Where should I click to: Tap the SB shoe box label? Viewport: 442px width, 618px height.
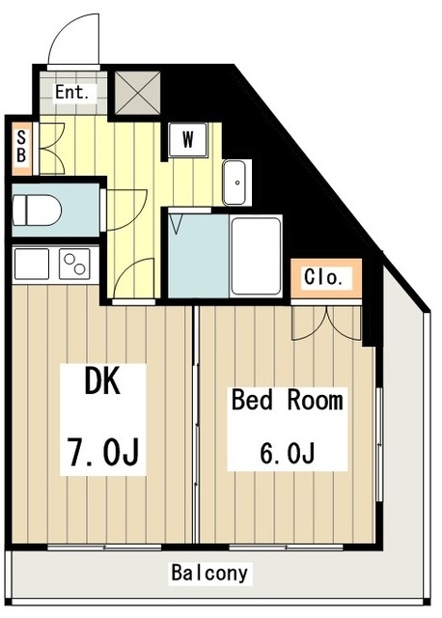point(21,147)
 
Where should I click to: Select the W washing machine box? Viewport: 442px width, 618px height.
point(187,140)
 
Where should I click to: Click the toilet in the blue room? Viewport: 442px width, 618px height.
point(37,211)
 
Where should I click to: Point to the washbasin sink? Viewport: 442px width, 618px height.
point(235,183)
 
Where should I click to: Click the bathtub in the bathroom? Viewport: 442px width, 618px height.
point(256,256)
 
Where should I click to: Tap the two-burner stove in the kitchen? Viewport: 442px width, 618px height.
point(74,264)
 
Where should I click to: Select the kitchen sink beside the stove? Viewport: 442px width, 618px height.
point(32,264)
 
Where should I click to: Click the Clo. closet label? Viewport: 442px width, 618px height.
point(322,277)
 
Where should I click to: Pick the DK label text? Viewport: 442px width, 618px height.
point(102,380)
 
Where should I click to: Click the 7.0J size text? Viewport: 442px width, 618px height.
point(103,452)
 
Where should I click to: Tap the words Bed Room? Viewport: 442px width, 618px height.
point(288,400)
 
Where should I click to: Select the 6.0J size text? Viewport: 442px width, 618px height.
point(287,453)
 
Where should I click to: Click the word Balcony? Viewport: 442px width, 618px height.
point(209,573)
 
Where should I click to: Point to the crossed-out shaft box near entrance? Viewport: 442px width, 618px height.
point(137,93)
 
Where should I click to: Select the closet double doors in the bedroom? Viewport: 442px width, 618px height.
point(326,324)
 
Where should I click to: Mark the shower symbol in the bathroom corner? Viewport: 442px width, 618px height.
point(176,223)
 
